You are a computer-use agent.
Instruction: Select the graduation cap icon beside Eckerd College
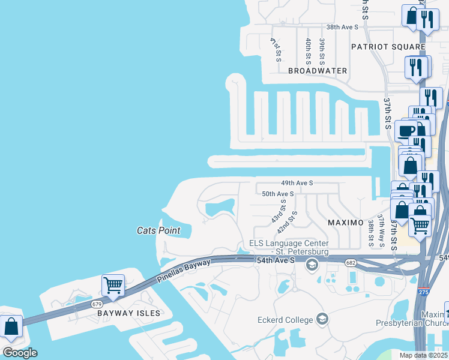pyautogui.click(x=323, y=318)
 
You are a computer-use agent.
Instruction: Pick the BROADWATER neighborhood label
pyautogui.click(x=318, y=71)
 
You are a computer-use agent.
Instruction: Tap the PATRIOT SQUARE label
pyautogui.click(x=388, y=47)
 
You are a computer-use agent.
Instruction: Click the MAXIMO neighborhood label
pyautogui.click(x=345, y=223)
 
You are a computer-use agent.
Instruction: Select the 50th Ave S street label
pyautogui.click(x=277, y=194)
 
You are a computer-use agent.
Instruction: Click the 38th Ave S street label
pyautogui.click(x=342, y=27)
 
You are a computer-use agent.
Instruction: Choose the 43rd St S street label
pyautogui.click(x=277, y=212)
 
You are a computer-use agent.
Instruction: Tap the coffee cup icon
pyautogui.click(x=406, y=130)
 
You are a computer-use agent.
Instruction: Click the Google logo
pyautogui.click(x=20, y=353)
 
